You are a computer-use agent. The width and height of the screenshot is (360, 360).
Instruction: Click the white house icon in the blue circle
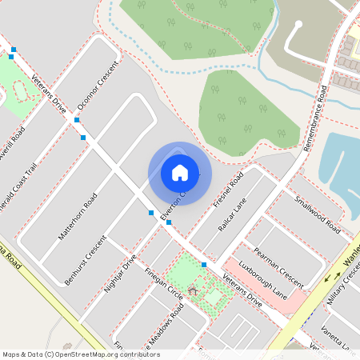click(180, 171)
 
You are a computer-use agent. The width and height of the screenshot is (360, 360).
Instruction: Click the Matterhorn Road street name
click(78, 216)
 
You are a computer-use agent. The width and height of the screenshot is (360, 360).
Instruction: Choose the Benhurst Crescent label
click(85, 261)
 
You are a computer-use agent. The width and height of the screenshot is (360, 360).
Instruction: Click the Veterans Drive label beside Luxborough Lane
click(243, 293)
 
